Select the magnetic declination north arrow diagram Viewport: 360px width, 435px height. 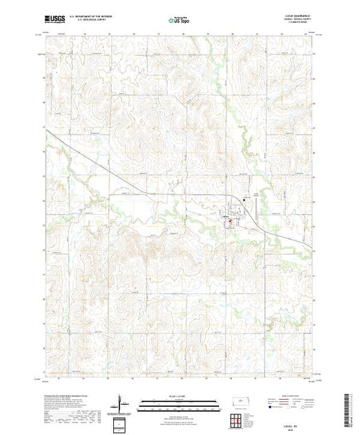point(122,402)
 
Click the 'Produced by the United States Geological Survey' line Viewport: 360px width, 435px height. point(66,392)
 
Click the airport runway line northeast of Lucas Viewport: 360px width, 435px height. point(258,199)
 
